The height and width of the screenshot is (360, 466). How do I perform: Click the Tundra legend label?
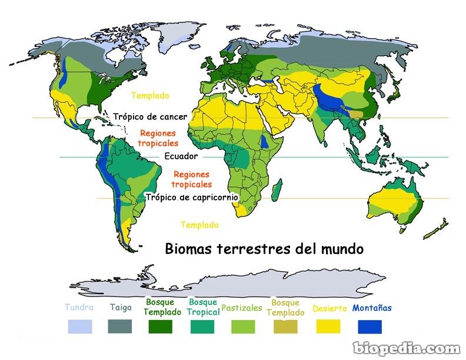79,308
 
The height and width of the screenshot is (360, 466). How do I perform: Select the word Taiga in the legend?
120,308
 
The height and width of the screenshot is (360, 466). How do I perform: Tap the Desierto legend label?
330,308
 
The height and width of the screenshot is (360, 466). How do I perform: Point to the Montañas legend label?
372,308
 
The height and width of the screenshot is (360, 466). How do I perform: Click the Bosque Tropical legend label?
203,307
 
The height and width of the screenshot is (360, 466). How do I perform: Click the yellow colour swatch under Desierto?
329,326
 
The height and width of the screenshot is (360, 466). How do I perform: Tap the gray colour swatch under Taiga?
120,326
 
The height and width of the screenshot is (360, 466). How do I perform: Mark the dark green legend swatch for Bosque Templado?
162,326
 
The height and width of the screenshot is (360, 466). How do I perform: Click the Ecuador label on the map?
181,156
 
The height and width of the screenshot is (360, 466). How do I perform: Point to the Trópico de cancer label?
150,116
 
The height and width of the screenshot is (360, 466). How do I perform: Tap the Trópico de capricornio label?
192,198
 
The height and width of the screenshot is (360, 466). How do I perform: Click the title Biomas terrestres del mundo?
264,249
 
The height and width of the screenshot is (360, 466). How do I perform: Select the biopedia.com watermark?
406,348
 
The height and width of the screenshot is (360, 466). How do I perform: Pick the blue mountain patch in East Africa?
266,141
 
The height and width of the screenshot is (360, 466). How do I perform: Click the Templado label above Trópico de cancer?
150,95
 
